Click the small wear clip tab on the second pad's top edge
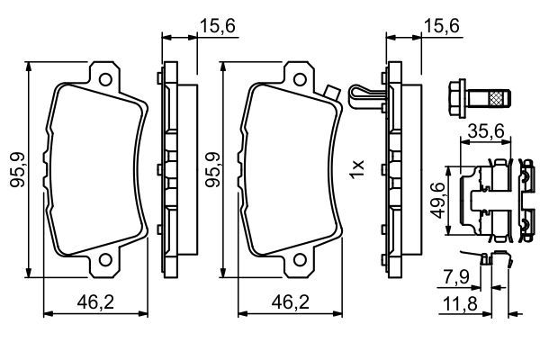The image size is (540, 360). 331,91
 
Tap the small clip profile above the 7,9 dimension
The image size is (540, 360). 492,260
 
